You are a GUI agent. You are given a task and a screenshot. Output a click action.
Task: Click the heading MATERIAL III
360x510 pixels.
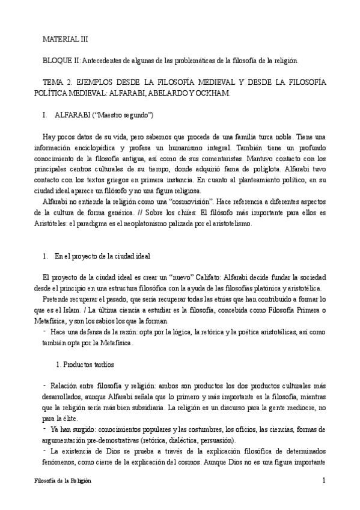pos(65,39)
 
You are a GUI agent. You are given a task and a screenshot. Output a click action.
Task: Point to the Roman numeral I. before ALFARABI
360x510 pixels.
pos(46,114)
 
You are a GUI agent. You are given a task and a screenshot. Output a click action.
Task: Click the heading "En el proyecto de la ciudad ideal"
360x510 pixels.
pos(108,256)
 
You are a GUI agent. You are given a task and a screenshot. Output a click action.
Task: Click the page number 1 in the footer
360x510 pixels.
pos(323,481)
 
